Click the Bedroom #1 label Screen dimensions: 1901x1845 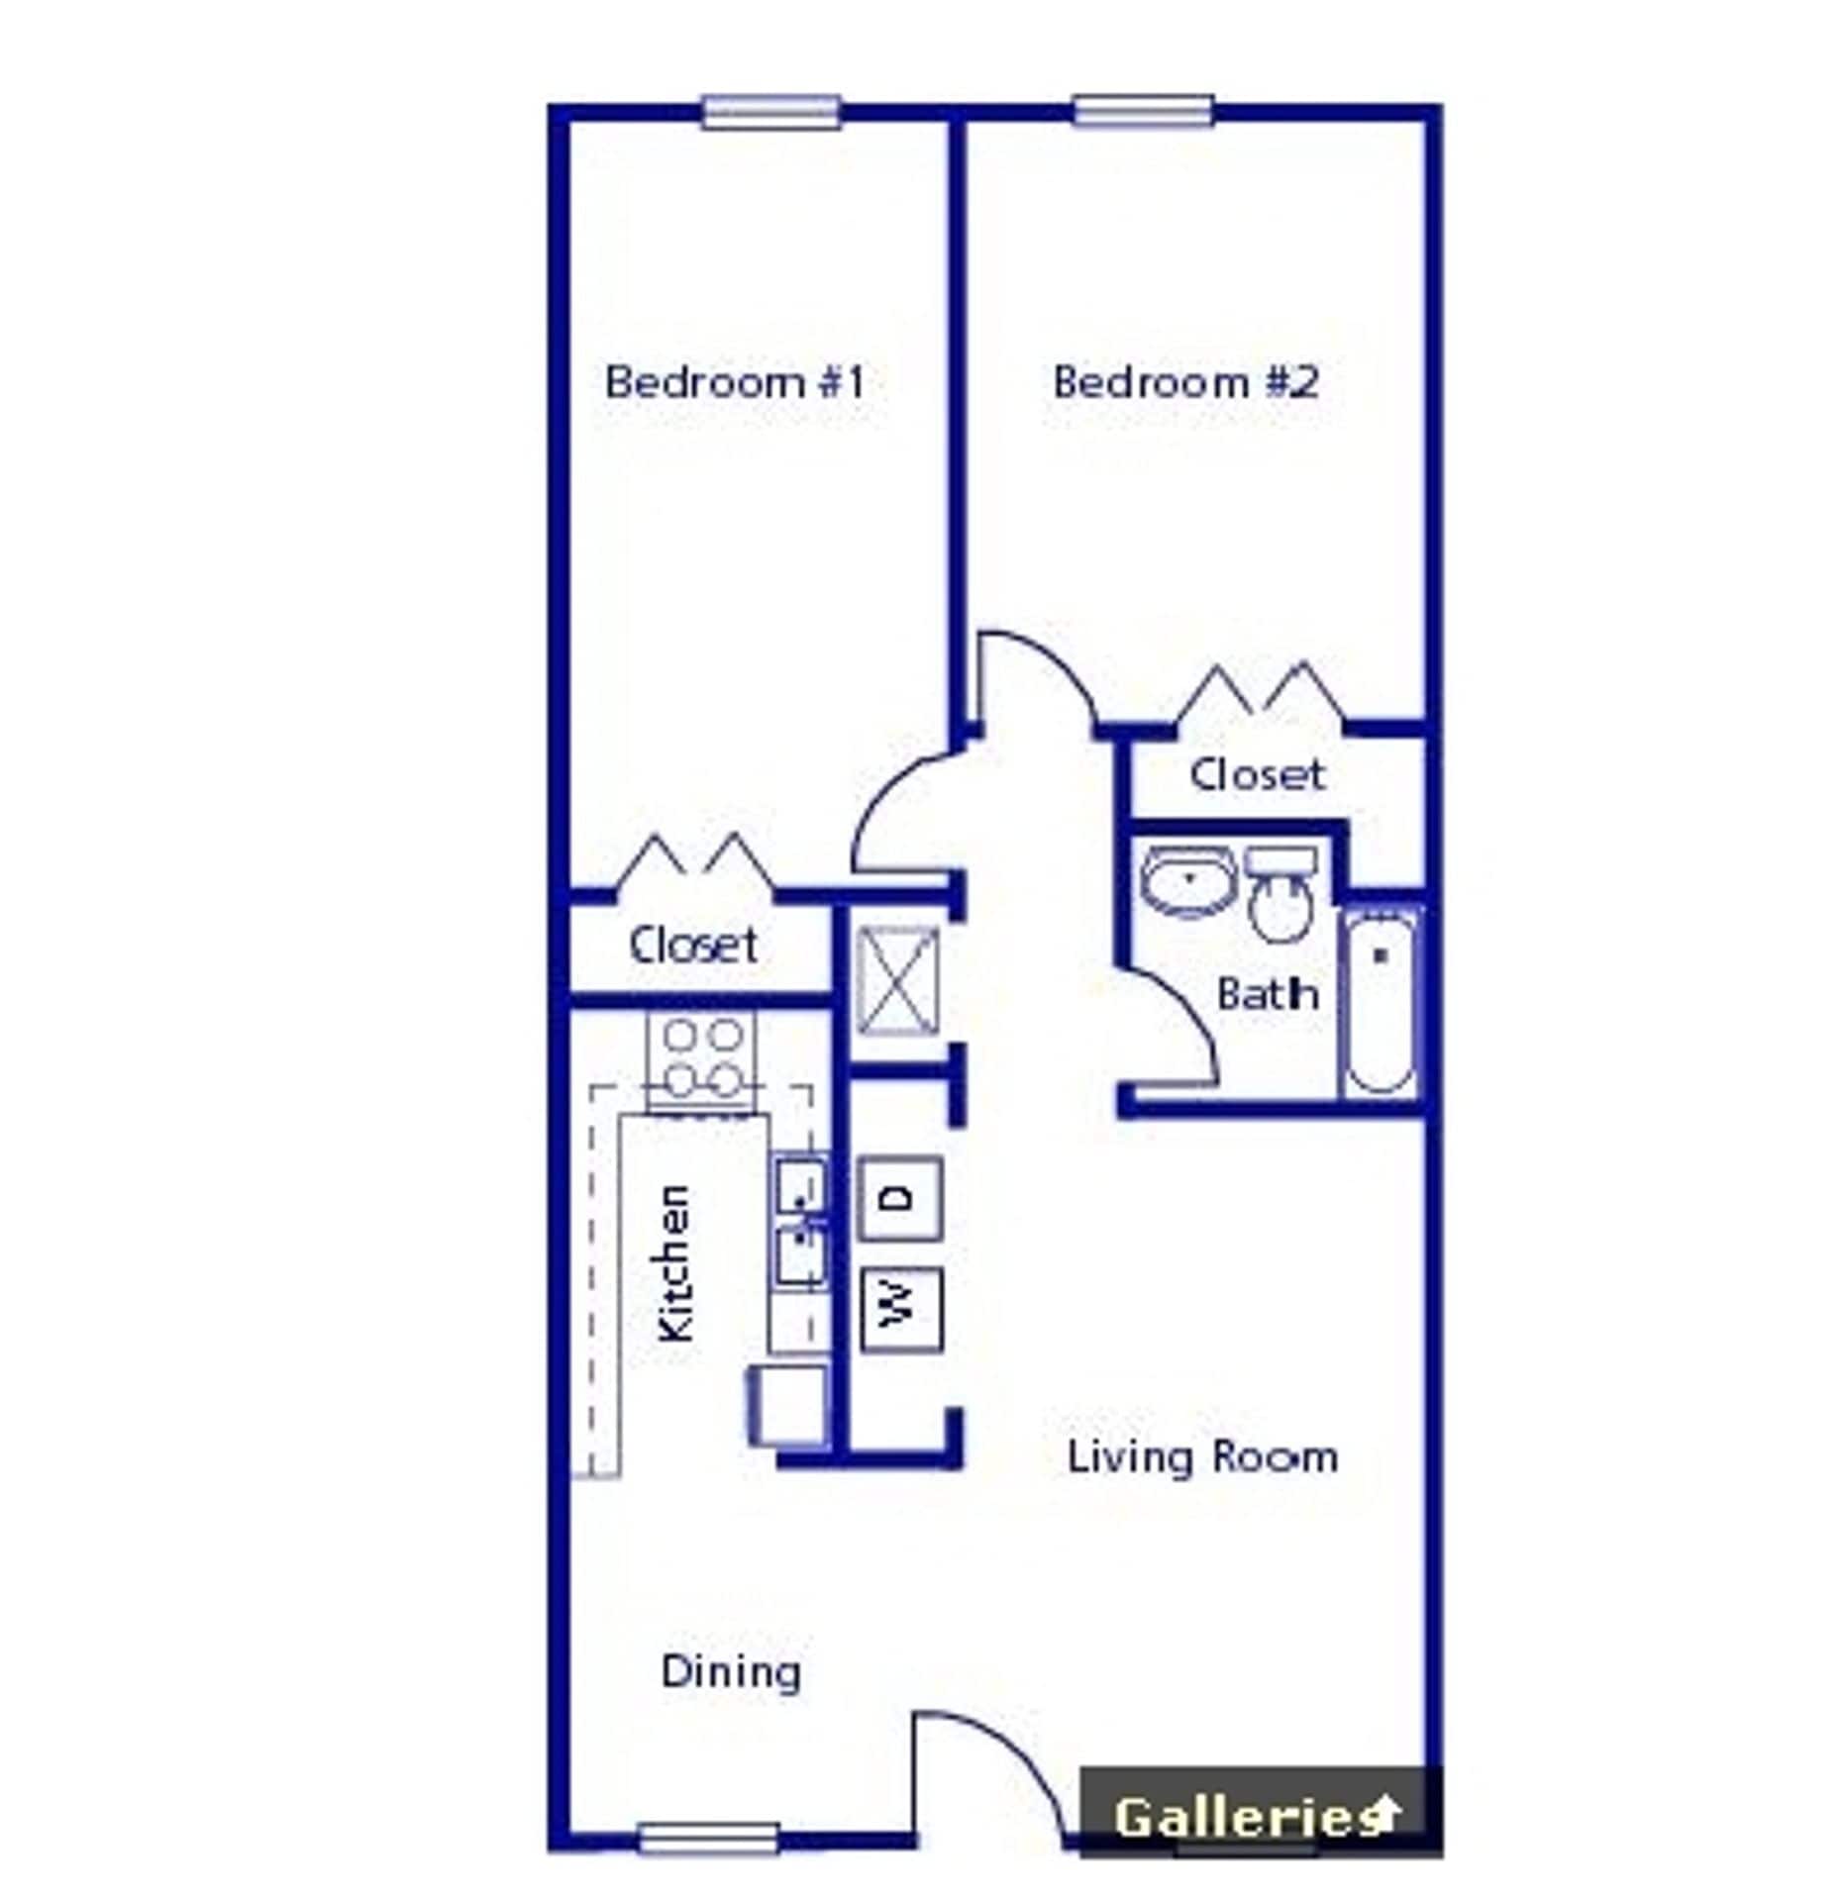pyautogui.click(x=734, y=382)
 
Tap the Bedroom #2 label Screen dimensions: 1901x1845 pyautogui.click(x=1185, y=382)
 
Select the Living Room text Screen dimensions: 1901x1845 pyautogui.click(x=1202, y=1456)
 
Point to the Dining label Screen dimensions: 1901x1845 pyautogui.click(x=731, y=1672)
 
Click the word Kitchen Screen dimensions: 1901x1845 pyautogui.click(x=676, y=1263)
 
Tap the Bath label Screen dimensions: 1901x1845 pyautogui.click(x=1268, y=993)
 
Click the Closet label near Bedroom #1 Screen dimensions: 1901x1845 pyautogui.click(x=693, y=945)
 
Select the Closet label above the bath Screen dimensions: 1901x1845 pyautogui.click(x=1257, y=774)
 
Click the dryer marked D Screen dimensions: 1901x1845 pyautogui.click(x=900, y=1198)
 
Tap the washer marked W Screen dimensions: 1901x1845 pyautogui.click(x=900, y=1309)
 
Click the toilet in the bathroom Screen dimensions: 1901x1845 pyautogui.click(x=1281, y=901)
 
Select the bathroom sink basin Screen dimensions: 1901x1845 pyautogui.click(x=1187, y=880)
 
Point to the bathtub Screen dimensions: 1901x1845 pyautogui.click(x=1380, y=1002)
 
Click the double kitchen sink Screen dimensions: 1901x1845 pyautogui.click(x=800, y=1224)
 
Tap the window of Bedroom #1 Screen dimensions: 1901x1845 pyautogui.click(x=771, y=111)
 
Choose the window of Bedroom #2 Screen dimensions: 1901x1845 pyautogui.click(x=1144, y=111)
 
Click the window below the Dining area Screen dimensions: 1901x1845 pyautogui.click(x=708, y=1839)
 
